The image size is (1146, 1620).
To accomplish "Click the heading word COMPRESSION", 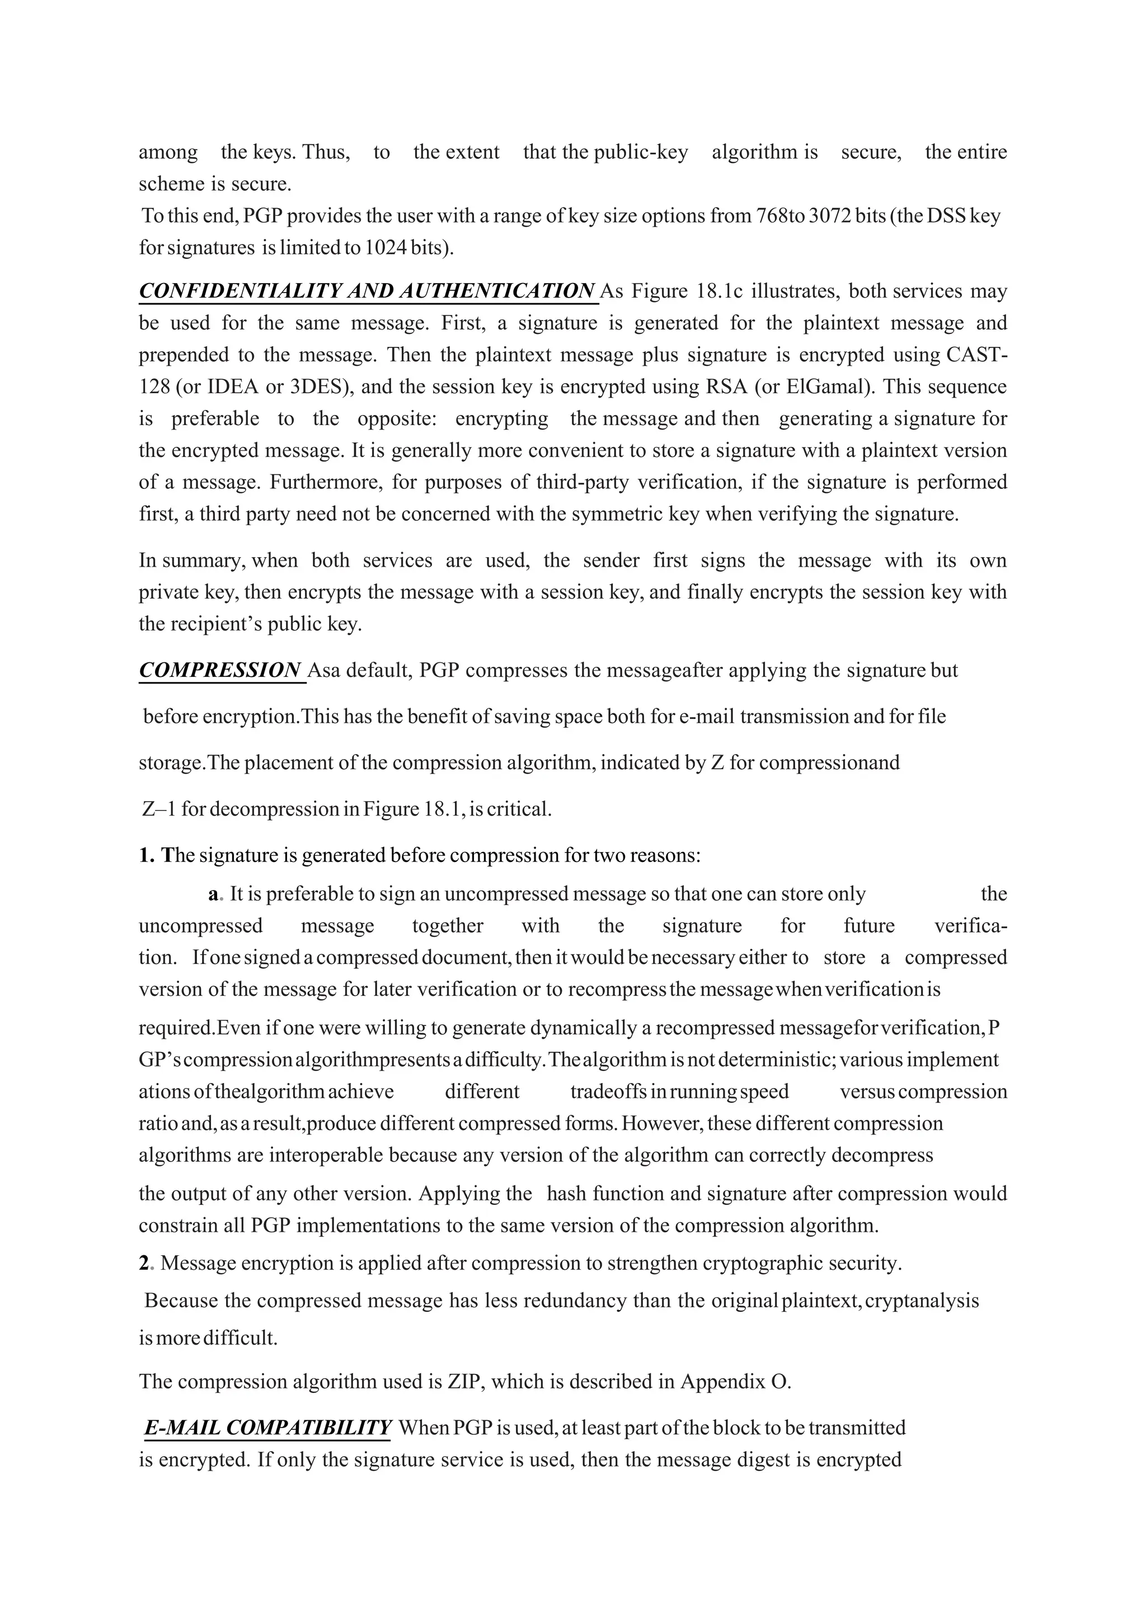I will point(220,670).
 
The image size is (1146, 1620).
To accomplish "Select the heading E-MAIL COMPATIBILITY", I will point(267,1428).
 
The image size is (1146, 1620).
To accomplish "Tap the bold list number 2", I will point(144,1263).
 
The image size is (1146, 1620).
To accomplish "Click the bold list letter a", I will point(213,894).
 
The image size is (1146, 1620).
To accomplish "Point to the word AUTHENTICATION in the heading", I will point(497,291).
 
